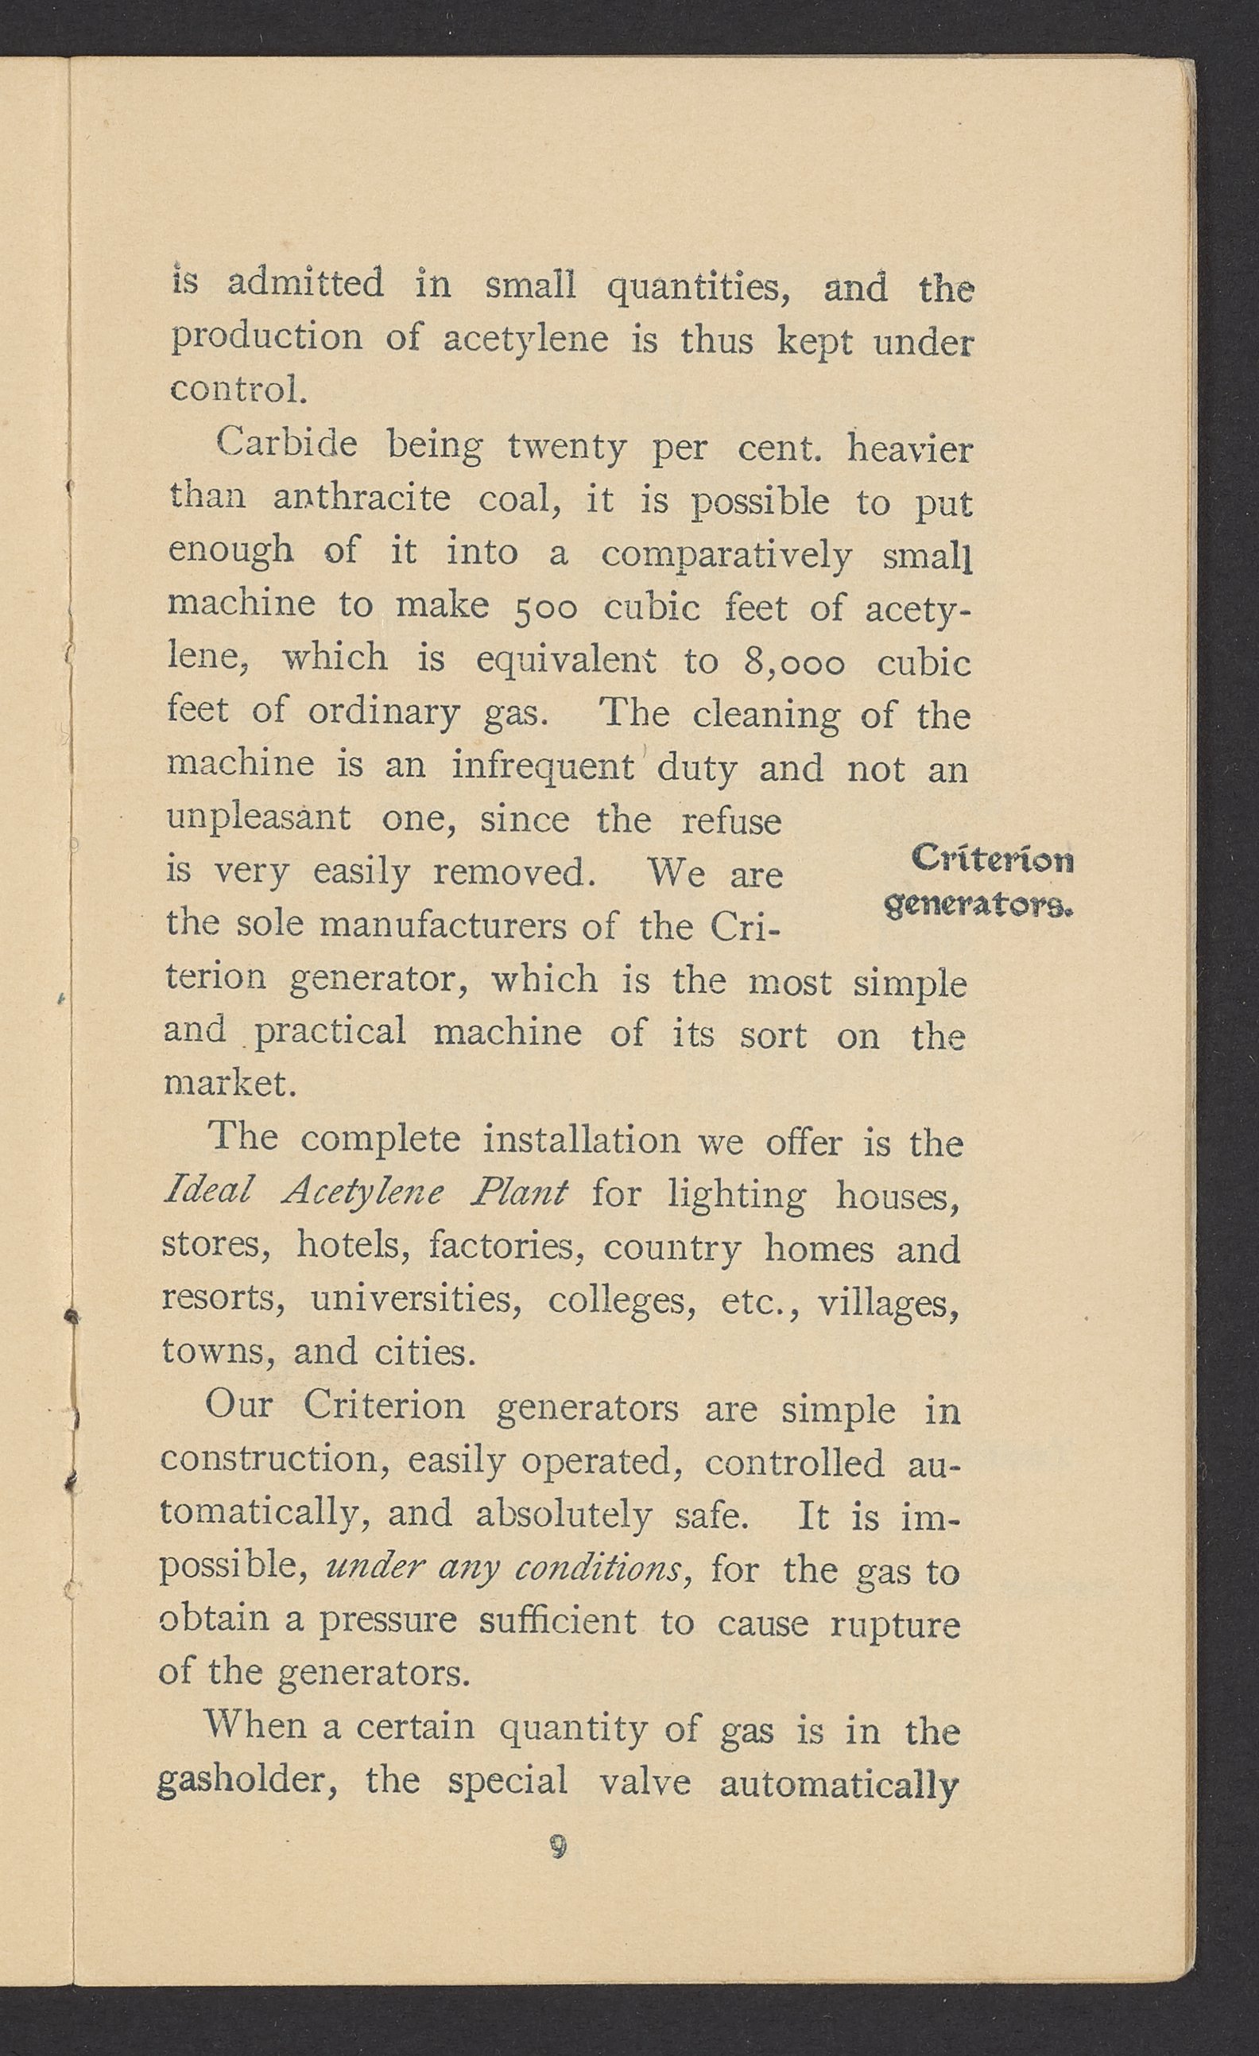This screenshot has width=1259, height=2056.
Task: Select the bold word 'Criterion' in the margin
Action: [x=992, y=858]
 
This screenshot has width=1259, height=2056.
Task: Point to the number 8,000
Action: [x=792, y=663]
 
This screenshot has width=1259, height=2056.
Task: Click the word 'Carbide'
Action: [x=286, y=444]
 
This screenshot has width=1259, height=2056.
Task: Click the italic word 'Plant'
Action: [x=518, y=1193]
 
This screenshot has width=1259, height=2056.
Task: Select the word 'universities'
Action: [x=416, y=1300]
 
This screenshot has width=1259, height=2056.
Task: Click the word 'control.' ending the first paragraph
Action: [x=234, y=390]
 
